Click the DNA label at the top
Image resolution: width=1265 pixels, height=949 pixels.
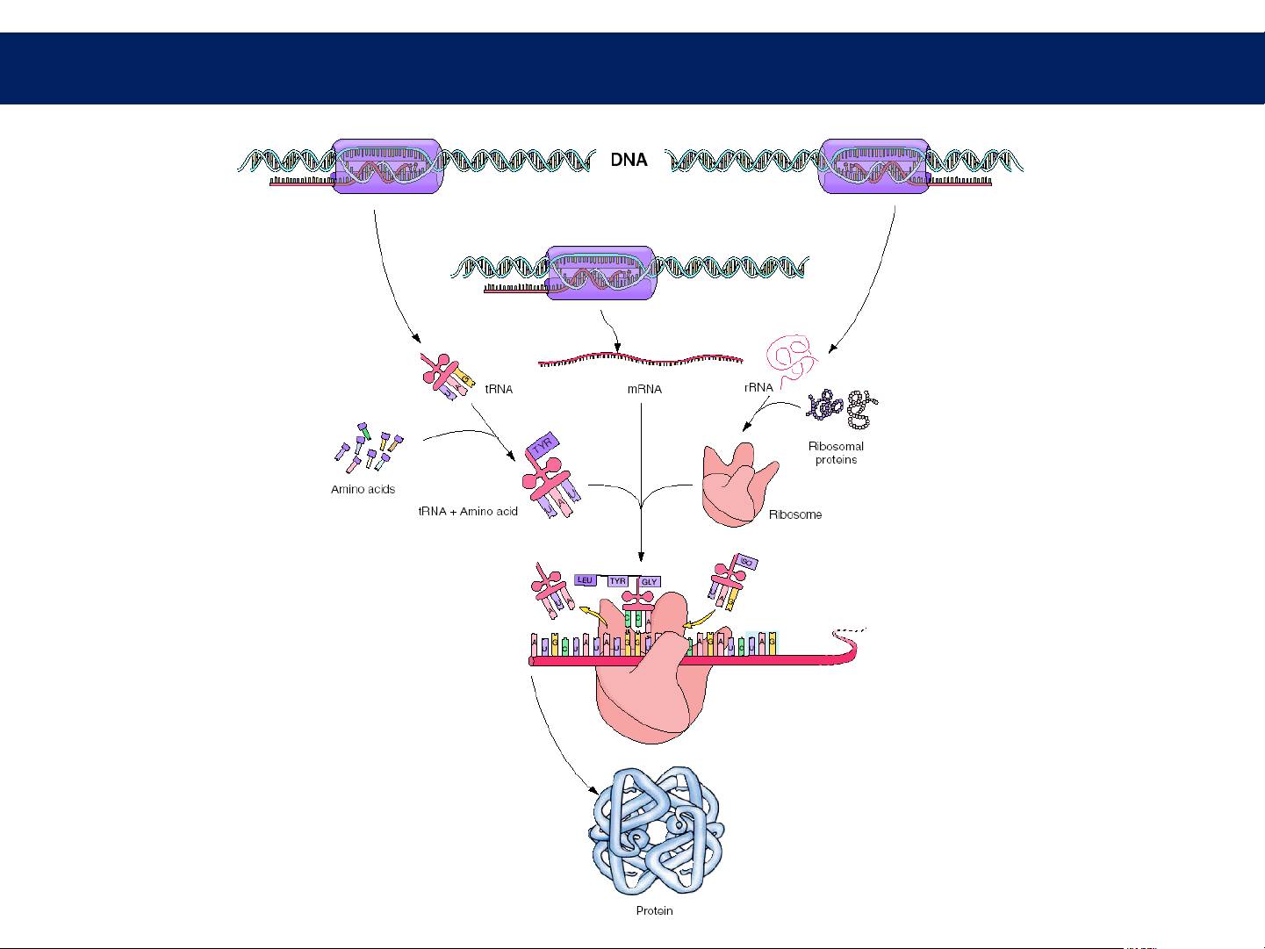(x=629, y=160)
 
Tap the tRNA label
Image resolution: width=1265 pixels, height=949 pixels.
(x=499, y=389)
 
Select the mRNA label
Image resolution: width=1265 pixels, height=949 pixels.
(x=644, y=389)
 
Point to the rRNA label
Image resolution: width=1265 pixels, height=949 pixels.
(x=758, y=387)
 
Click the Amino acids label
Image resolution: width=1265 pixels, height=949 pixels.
(x=363, y=489)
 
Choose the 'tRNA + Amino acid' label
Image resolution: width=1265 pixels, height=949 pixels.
(x=468, y=511)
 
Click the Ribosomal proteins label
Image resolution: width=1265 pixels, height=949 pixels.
(x=836, y=453)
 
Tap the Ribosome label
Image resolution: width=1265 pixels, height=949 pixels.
(x=795, y=514)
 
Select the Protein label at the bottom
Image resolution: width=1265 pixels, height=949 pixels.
(x=654, y=910)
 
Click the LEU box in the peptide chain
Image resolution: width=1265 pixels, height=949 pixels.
(x=586, y=580)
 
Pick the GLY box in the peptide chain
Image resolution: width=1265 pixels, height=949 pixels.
(x=649, y=581)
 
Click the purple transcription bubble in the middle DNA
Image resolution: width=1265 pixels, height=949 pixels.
(x=600, y=273)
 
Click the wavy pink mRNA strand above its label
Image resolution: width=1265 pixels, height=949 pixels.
(x=641, y=359)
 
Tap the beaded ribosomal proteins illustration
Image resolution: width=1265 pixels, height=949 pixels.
(x=842, y=408)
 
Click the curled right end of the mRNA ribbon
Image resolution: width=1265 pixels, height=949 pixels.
(x=849, y=651)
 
